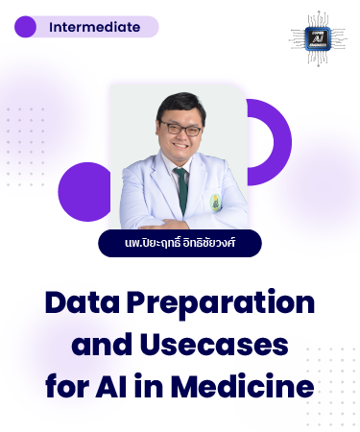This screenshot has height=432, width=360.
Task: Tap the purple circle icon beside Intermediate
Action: pyautogui.click(x=26, y=27)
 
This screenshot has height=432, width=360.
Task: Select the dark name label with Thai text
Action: pyautogui.click(x=180, y=243)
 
